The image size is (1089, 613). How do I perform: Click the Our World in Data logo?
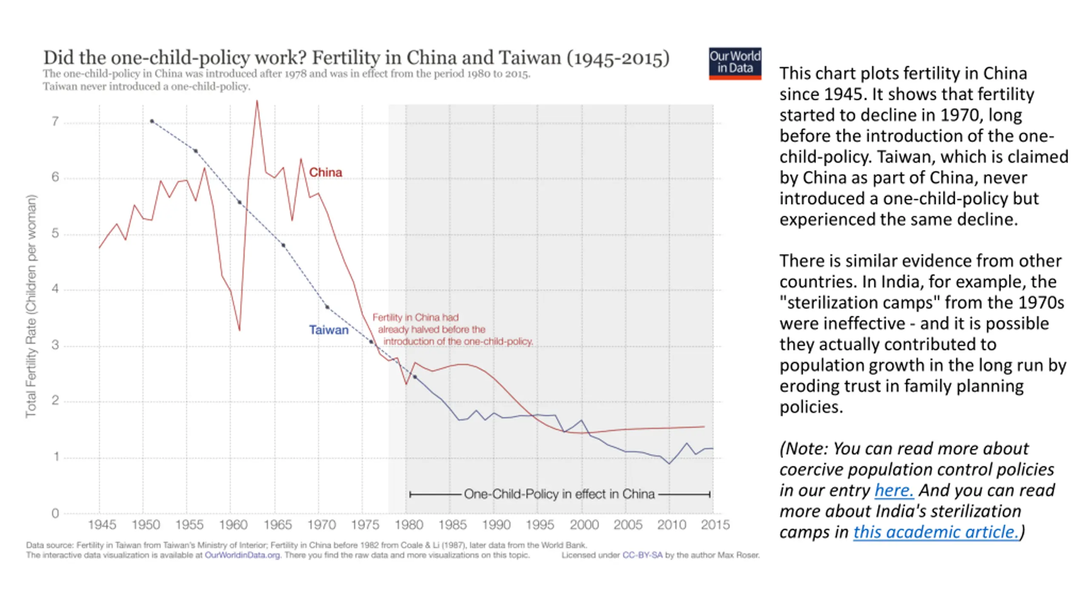[x=735, y=63]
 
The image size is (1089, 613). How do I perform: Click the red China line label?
[x=325, y=172]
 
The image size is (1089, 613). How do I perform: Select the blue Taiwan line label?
[x=329, y=330]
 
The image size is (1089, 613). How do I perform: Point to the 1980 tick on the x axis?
[x=409, y=524]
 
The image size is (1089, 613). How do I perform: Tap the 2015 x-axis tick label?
[x=715, y=524]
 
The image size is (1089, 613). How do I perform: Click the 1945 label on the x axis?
[x=102, y=524]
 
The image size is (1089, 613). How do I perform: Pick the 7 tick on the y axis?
[x=55, y=122]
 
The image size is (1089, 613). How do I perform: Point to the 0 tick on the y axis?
[x=55, y=513]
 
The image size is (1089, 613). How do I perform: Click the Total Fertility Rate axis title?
[x=31, y=306]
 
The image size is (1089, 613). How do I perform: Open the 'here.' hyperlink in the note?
[x=894, y=490]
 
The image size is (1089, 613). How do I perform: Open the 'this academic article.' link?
[x=936, y=532]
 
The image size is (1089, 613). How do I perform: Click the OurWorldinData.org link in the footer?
[x=242, y=555]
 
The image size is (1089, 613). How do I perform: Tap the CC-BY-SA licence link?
[x=642, y=555]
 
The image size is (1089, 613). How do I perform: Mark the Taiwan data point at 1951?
[x=152, y=121]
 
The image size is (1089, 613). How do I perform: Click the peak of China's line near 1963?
[x=257, y=101]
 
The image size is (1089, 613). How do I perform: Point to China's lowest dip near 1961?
[x=239, y=330]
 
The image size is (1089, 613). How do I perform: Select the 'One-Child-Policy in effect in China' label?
[x=559, y=494]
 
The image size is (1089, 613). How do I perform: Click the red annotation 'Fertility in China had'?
[x=416, y=318]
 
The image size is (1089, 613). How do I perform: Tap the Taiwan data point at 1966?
[x=283, y=245]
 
